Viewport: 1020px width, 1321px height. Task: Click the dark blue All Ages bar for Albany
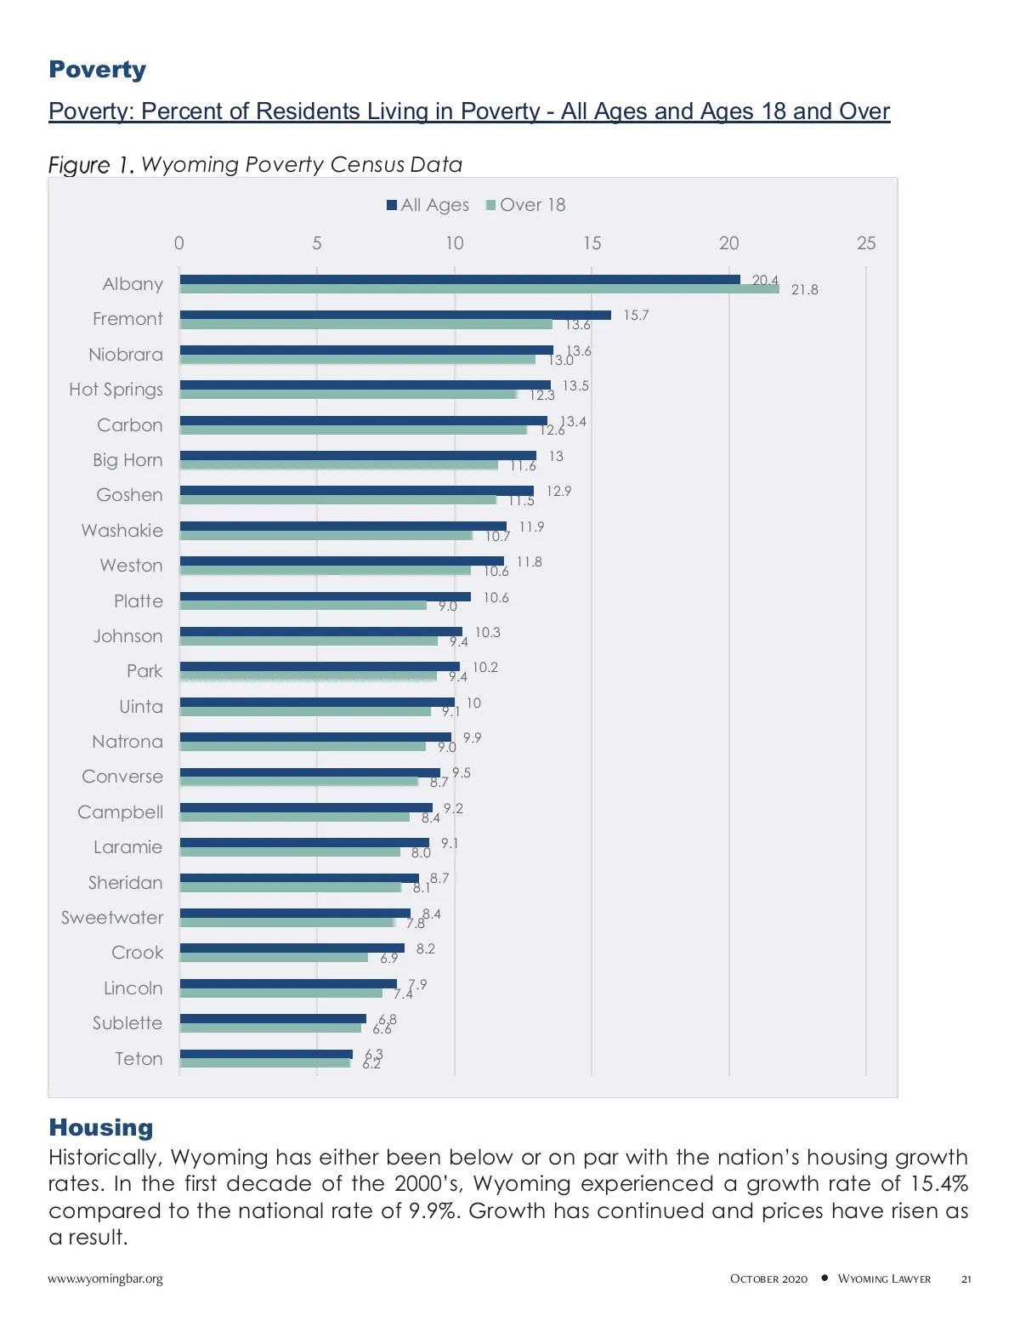point(459,280)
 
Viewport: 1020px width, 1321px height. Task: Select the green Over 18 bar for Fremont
point(365,324)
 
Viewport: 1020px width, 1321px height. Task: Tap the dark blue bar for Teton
point(266,1054)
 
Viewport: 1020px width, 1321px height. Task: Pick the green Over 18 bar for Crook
point(274,958)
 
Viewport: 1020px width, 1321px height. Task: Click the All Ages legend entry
point(428,205)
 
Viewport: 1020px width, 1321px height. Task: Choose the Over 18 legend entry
point(525,205)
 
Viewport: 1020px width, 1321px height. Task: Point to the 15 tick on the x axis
point(592,243)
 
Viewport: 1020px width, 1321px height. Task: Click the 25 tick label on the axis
point(865,243)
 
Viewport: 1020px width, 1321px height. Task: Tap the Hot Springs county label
point(116,390)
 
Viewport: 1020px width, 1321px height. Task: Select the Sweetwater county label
point(112,918)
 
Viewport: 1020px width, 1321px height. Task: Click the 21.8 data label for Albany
point(804,290)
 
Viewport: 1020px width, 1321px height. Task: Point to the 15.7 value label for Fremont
point(636,316)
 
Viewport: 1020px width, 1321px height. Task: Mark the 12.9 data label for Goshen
point(558,492)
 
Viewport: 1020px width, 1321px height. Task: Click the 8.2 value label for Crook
point(425,949)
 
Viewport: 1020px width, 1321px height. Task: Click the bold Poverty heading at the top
point(98,70)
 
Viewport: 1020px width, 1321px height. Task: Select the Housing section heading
point(101,1128)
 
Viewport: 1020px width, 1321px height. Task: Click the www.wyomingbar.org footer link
point(105,1278)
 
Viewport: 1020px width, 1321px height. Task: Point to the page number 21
point(966,1279)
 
